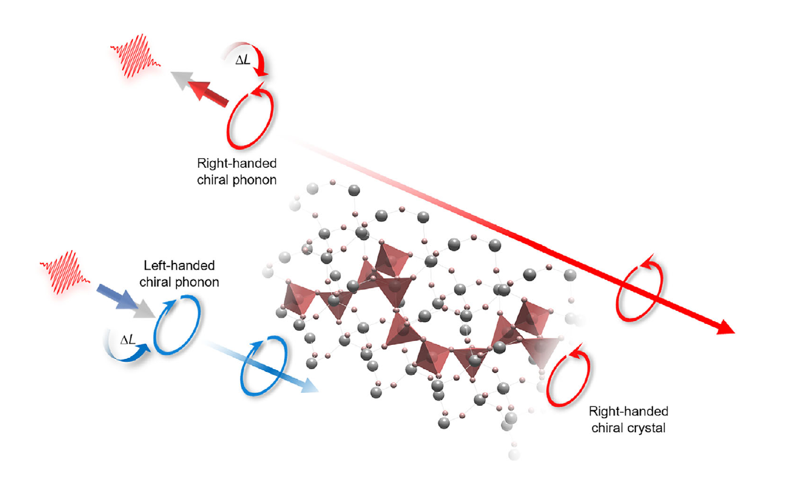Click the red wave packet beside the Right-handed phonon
click(x=135, y=56)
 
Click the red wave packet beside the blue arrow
click(x=64, y=272)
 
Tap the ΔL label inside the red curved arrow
click(x=243, y=60)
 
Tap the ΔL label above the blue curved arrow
click(x=128, y=340)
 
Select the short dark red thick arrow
click(x=209, y=93)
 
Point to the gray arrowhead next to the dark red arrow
click(x=181, y=80)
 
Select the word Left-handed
click(x=179, y=266)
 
